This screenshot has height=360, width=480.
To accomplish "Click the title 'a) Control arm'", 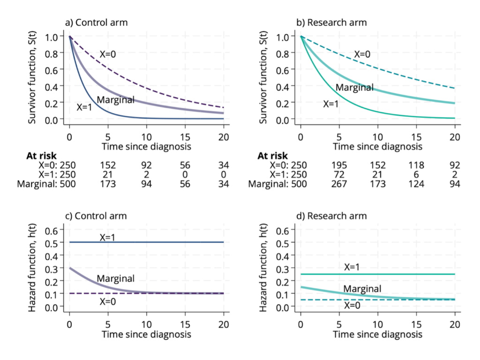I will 96,22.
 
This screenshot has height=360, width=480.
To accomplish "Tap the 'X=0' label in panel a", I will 107,54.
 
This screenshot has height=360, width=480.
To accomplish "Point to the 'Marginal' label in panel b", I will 354,88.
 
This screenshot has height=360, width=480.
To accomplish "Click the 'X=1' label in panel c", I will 107,238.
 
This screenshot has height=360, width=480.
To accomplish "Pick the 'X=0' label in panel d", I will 352,305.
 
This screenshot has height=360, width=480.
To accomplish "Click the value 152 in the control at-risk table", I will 108,165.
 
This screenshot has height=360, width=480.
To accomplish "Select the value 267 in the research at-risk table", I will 339,184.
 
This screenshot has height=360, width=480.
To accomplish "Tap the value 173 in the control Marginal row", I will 108,184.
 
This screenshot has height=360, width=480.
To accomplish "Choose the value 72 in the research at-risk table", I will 339,174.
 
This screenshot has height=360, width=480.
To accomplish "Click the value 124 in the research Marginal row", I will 416,184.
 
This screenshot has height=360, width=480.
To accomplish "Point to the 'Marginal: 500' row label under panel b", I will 277,184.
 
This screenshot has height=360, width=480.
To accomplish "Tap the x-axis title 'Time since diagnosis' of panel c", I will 147,334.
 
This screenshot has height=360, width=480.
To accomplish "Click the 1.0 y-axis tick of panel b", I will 282,37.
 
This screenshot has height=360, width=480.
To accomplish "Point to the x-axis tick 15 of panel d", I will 416,324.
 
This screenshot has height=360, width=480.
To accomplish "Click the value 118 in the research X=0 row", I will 416,165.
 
